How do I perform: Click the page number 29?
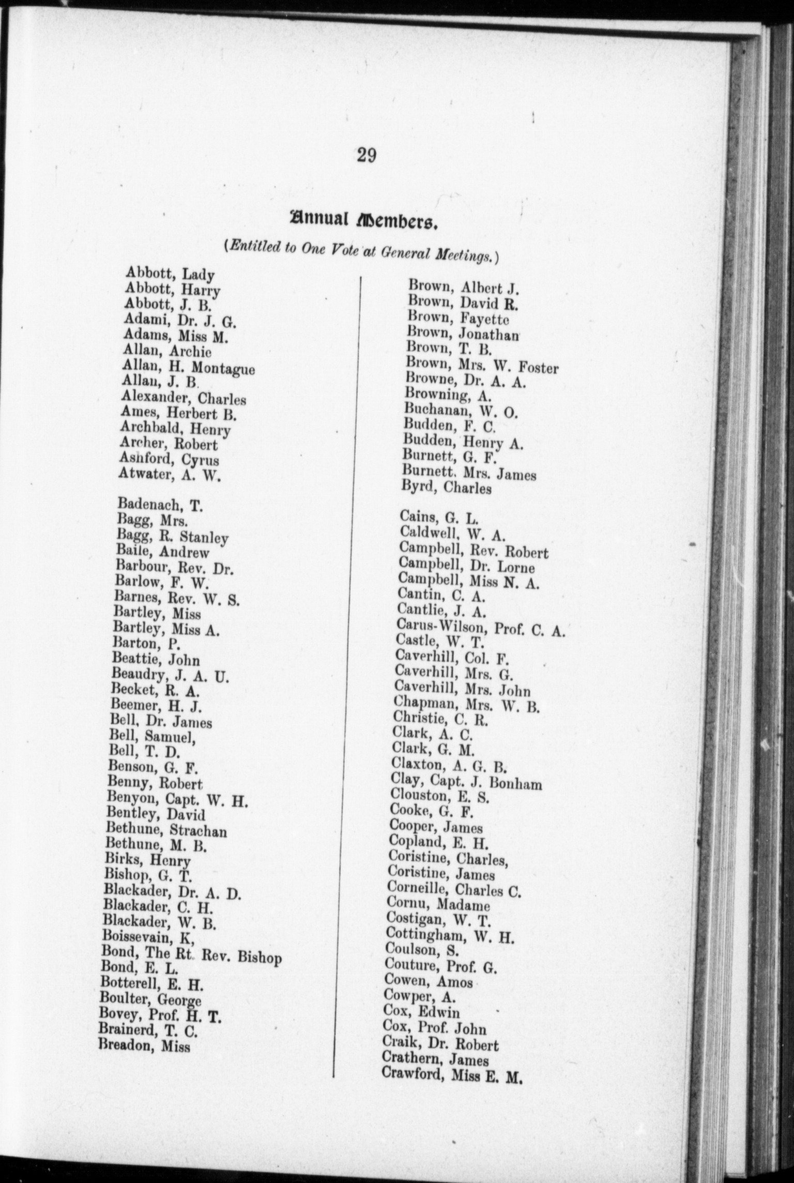click(366, 155)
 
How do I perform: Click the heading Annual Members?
click(364, 221)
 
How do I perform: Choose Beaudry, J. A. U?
click(170, 675)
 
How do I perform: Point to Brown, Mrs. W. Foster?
click(482, 367)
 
